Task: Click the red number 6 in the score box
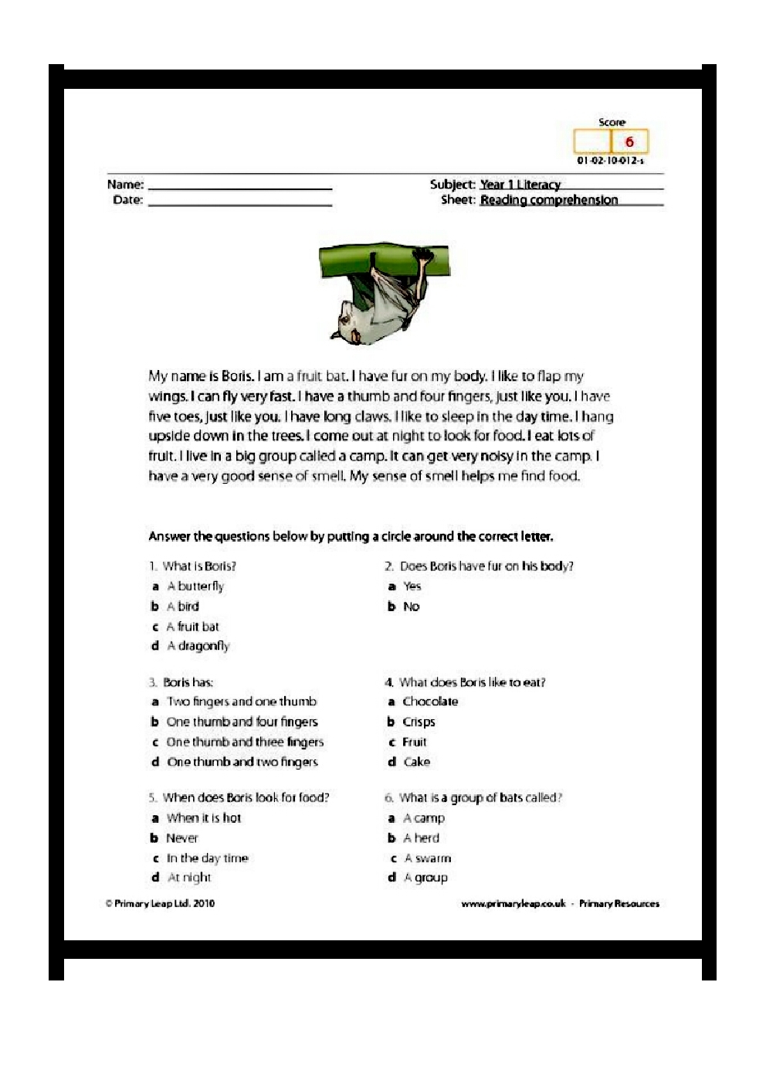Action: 629,142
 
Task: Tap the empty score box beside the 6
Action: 592,142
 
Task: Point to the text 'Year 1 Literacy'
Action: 520,185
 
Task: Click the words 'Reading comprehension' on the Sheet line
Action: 548,200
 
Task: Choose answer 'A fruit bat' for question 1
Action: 192,627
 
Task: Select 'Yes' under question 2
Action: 412,586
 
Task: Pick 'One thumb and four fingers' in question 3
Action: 242,722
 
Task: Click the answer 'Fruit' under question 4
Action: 414,742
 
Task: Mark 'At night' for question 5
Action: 189,878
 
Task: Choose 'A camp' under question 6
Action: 423,818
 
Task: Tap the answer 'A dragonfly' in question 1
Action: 198,646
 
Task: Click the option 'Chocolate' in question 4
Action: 429,702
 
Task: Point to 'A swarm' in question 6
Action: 427,858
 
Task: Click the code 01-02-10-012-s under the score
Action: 610,161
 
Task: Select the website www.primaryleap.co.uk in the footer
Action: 513,903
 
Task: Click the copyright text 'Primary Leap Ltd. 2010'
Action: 164,903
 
